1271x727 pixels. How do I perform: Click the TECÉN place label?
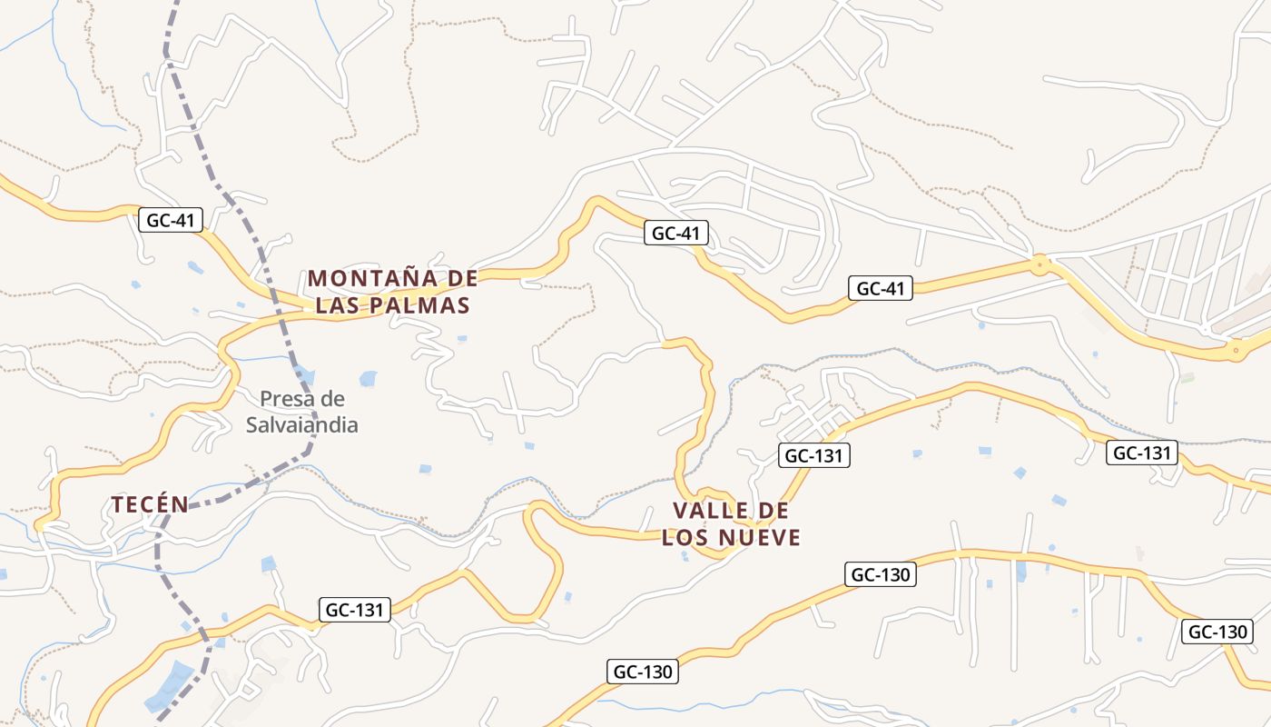[x=150, y=504]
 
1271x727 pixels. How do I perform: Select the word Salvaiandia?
[x=302, y=424]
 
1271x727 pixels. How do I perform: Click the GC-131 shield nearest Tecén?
[x=355, y=610]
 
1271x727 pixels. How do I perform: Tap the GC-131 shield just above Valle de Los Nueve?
[x=813, y=455]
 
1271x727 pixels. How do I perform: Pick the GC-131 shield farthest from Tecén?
[x=1141, y=453]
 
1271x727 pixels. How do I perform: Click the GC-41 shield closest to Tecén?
[x=171, y=220]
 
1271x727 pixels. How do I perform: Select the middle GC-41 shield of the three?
[x=675, y=234]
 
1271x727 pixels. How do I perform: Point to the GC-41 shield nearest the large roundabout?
[x=881, y=289]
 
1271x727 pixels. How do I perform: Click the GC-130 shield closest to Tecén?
[x=642, y=672]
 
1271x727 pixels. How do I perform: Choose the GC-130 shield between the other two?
[x=880, y=574]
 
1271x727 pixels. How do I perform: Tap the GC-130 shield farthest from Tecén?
[x=1217, y=632]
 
